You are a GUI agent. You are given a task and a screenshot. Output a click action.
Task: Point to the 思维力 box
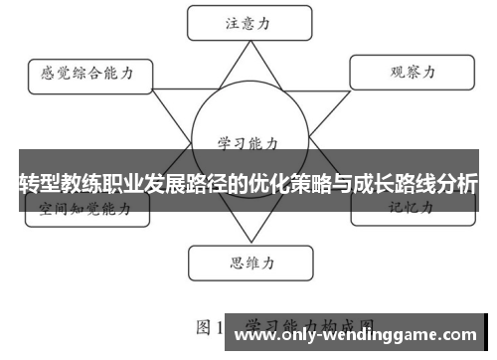[243, 264]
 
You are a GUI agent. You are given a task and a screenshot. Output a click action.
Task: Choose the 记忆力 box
[409, 210]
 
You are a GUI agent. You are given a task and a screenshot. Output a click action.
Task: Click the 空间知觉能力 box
[86, 210]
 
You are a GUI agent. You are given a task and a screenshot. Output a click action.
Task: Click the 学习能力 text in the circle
[243, 142]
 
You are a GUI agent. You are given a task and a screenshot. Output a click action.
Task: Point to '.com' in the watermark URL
[458, 336]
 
